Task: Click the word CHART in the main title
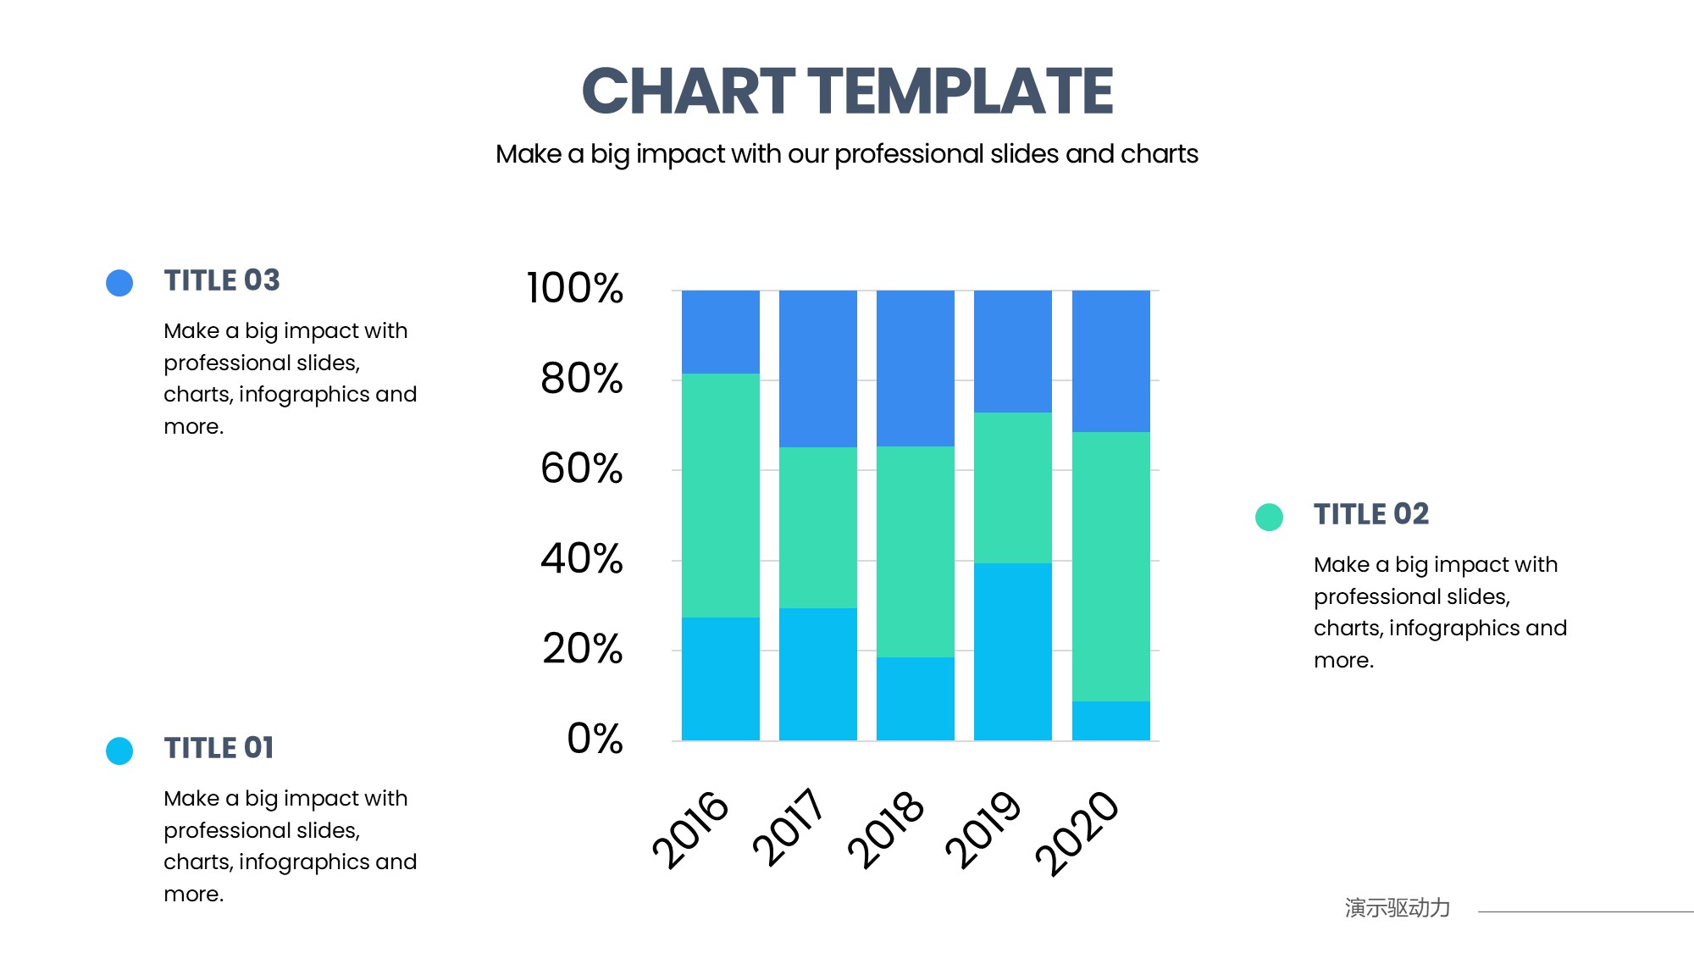tap(689, 91)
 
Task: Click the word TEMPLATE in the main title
tap(960, 91)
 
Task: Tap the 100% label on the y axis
tap(574, 288)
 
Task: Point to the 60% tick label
tap(581, 468)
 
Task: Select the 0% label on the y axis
tap(595, 739)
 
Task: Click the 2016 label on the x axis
tap(689, 829)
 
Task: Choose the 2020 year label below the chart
tap(1077, 832)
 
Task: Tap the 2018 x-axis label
tap(885, 829)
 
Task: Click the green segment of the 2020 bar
tap(1111, 567)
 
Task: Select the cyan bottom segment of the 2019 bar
tap(1013, 651)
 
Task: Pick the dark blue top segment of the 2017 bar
tap(818, 368)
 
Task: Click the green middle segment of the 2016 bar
tap(721, 496)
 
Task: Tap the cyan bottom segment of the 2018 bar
tap(916, 699)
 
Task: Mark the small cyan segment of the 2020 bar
tap(1111, 721)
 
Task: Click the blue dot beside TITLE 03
tap(119, 283)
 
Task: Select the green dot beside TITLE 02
tap(1269, 517)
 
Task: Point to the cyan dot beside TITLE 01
tap(119, 751)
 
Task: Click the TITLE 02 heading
tap(1371, 514)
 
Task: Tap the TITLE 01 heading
tap(219, 748)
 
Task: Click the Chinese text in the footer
tap(1398, 908)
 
